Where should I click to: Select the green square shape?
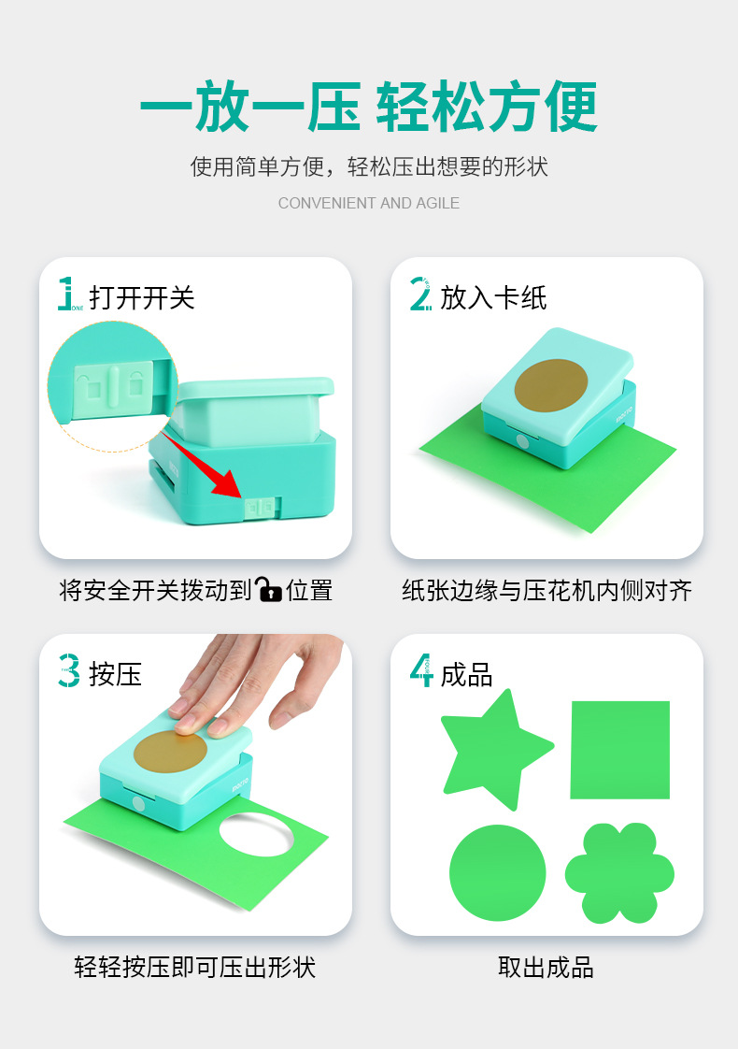(x=619, y=750)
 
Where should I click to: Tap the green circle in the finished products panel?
(x=497, y=872)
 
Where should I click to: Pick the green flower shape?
(x=619, y=873)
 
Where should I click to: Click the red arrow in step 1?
(x=201, y=464)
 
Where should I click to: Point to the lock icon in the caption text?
(x=269, y=589)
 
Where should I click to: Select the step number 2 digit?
(x=420, y=294)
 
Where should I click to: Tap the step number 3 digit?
(x=69, y=671)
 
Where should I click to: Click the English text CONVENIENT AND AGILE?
(x=369, y=203)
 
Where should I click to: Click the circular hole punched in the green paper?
(x=257, y=834)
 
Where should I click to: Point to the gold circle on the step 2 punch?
(x=551, y=386)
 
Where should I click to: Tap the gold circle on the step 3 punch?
(x=170, y=752)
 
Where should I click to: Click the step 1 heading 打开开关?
(x=142, y=297)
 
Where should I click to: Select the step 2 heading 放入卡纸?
(x=493, y=297)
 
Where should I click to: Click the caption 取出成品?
(x=546, y=968)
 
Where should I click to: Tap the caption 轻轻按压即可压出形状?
(x=194, y=968)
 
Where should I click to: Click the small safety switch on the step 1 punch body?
(x=260, y=507)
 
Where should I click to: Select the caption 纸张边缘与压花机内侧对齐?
(x=546, y=590)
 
